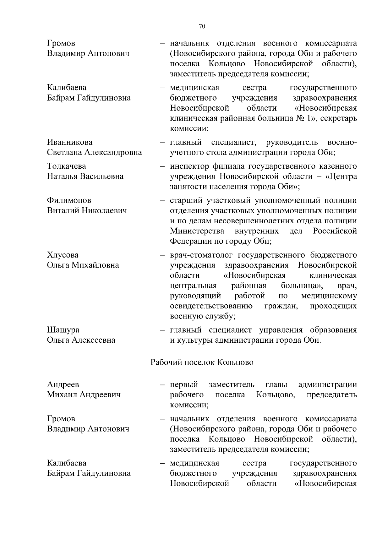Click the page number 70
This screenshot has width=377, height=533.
(x=202, y=26)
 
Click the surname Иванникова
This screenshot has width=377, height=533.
(x=70, y=142)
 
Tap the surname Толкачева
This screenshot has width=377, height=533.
(x=67, y=166)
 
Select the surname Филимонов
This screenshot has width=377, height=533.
(x=69, y=200)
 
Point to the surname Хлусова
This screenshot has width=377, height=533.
(x=63, y=255)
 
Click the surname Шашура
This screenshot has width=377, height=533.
(x=63, y=330)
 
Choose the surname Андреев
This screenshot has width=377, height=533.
(x=63, y=384)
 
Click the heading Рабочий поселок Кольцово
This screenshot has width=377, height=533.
(x=202, y=362)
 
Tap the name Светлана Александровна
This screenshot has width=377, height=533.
(x=94, y=153)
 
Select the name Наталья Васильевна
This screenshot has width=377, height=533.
(x=85, y=176)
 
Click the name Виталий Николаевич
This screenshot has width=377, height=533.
(x=87, y=210)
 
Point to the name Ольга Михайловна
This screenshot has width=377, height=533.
(x=83, y=265)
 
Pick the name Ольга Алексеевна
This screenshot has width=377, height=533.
(x=81, y=340)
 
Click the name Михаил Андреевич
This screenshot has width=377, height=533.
(x=84, y=395)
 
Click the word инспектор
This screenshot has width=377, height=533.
(x=189, y=166)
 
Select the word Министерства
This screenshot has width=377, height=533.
(x=197, y=231)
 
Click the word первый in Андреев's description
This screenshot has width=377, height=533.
(x=184, y=384)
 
